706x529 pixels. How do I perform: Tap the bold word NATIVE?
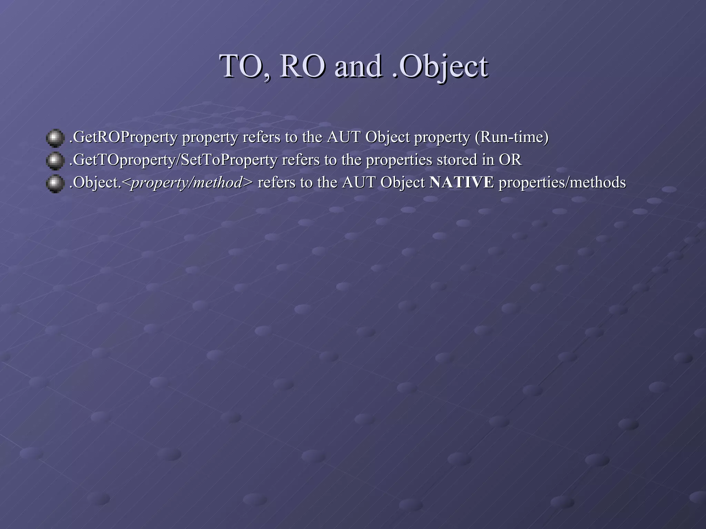pos(462,182)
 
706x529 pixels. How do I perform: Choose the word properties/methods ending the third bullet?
pos(562,182)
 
